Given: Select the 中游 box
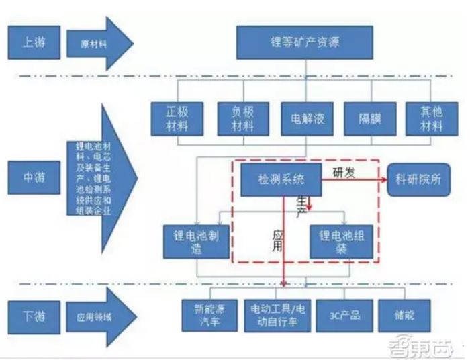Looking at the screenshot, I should point(32,179).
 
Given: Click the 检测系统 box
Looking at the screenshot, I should point(280,181).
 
